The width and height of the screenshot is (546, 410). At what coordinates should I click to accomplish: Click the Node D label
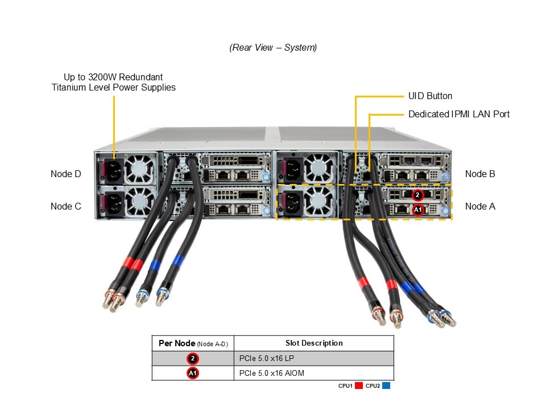(66, 174)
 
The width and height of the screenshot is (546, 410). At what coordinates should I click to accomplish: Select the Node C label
(66, 206)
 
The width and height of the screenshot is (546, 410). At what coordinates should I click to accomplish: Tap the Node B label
(480, 174)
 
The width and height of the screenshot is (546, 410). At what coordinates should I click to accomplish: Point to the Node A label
(480, 206)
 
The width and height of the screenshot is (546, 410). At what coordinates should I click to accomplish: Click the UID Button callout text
(430, 96)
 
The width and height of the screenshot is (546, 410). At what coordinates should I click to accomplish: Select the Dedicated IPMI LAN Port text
(458, 114)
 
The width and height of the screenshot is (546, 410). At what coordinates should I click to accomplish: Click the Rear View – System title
(273, 48)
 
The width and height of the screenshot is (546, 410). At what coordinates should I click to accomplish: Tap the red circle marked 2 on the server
(418, 195)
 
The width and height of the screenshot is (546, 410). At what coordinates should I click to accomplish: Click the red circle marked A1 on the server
(418, 210)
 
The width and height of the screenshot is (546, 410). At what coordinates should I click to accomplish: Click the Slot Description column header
(314, 343)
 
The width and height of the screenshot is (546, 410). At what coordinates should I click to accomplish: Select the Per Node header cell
(193, 343)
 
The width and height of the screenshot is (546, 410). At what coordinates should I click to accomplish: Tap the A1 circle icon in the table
(193, 373)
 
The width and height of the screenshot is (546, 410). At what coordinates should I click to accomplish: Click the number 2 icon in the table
(193, 358)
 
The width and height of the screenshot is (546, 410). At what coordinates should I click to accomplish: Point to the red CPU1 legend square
(358, 386)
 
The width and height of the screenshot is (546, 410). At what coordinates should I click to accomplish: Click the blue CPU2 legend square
(386, 386)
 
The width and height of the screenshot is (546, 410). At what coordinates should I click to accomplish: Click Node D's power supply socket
(112, 170)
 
